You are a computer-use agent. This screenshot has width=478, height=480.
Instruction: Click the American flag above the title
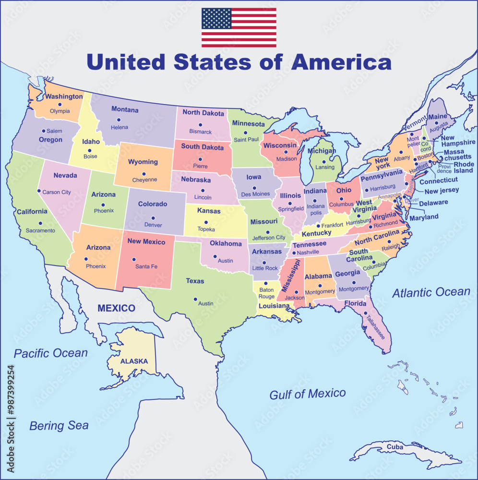[239, 27]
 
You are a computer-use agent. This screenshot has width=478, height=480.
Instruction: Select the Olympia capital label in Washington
[60, 111]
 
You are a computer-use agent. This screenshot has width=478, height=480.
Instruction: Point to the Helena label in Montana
[119, 127]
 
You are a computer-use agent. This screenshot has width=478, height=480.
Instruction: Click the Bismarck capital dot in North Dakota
[200, 125]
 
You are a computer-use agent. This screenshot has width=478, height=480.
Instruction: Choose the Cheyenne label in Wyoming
[144, 180]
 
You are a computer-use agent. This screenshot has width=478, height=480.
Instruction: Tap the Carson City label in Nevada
[57, 192]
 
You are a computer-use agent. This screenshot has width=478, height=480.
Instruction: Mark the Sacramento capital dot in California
[40, 223]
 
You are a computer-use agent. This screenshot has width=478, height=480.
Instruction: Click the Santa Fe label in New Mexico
[146, 266]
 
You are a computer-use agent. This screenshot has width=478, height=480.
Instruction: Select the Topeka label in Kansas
[206, 229]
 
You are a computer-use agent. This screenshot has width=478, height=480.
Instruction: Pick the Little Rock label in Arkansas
[265, 268]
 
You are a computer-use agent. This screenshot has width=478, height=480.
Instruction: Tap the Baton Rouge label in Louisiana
[267, 293]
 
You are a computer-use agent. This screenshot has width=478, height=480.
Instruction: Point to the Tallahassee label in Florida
[373, 327]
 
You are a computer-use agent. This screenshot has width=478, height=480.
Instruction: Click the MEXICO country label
[116, 308]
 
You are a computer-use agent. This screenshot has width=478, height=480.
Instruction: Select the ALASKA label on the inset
[134, 361]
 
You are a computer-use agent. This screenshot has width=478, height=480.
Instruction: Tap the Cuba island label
[395, 447]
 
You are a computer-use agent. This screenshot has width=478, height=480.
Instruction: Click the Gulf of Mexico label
[307, 394]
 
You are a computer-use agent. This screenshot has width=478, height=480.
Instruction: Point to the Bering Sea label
[59, 425]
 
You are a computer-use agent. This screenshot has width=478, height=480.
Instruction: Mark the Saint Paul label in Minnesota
[246, 140]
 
